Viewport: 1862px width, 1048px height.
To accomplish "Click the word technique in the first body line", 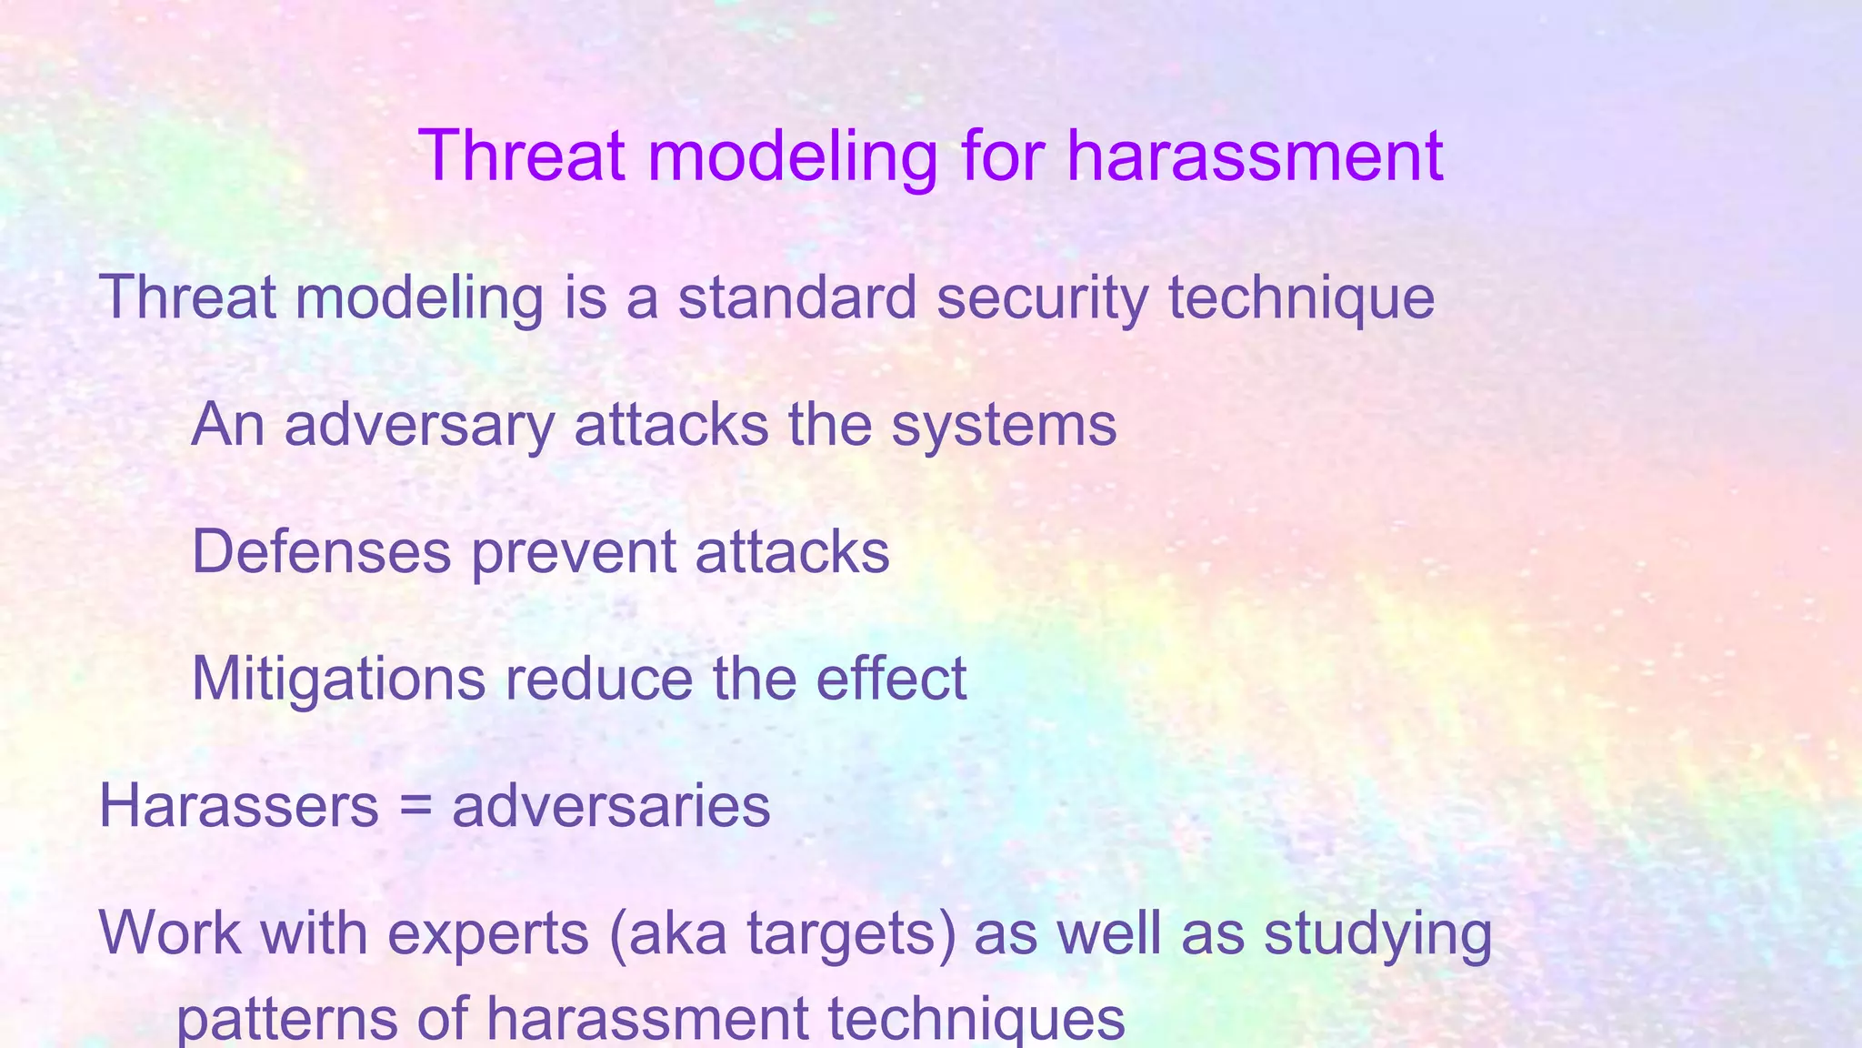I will coord(1301,298).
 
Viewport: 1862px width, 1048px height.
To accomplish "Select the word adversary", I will coord(418,426).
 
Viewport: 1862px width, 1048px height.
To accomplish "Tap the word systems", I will coord(1004,426).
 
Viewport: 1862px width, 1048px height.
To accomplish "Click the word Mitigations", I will coord(338,680).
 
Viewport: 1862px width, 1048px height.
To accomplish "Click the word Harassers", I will coord(238,806).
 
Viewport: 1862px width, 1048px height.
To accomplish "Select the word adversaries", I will coord(611,806).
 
